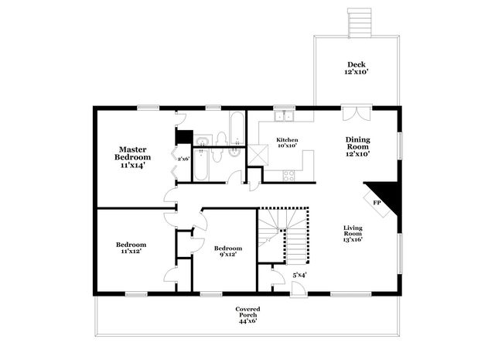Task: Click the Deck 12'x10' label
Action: tap(357, 68)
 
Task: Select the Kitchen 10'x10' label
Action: tap(287, 142)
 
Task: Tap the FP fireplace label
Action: tap(377, 203)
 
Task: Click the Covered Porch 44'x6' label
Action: tap(247, 315)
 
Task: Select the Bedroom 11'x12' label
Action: tap(131, 248)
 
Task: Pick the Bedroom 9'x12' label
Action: tap(228, 252)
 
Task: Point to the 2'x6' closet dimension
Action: tap(184, 159)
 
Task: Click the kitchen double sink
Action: tap(285, 117)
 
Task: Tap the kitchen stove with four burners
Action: tap(288, 176)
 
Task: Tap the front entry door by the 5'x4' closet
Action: tap(298, 289)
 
